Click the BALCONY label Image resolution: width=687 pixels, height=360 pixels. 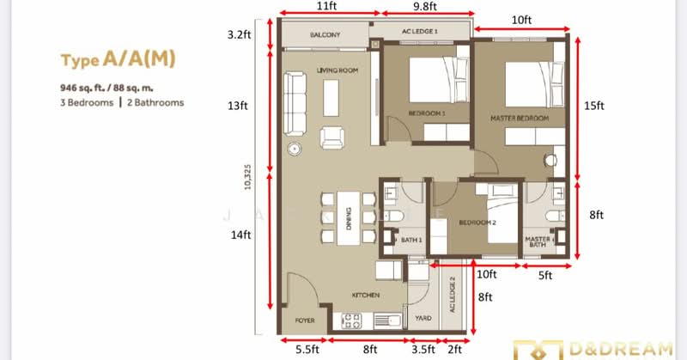tap(325, 35)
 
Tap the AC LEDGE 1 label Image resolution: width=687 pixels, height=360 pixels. tap(420, 32)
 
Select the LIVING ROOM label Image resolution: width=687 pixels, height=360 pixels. tap(337, 70)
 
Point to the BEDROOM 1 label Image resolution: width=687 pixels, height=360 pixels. tap(426, 113)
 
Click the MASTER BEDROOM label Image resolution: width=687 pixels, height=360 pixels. tap(520, 117)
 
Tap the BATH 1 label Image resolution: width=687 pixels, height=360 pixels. tap(412, 241)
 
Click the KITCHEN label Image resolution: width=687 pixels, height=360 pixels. tap(365, 295)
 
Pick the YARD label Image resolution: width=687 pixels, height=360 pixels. tap(423, 316)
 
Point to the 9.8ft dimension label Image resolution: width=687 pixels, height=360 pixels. tap(424, 7)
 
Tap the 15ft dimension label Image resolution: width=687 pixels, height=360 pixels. tap(595, 106)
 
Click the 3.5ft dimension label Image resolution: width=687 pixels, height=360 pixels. tap(423, 350)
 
